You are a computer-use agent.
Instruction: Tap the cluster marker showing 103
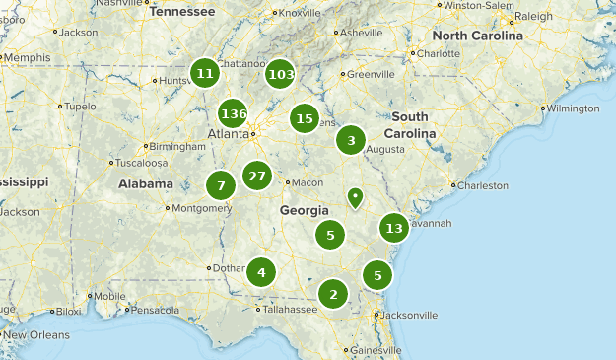click(280, 74)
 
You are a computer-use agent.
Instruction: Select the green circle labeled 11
click(205, 73)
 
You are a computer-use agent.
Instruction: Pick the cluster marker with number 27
click(257, 177)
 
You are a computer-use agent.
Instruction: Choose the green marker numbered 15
click(305, 119)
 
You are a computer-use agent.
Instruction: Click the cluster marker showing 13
click(394, 228)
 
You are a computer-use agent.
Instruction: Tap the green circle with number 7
click(221, 185)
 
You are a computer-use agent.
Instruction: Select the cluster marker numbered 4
click(261, 272)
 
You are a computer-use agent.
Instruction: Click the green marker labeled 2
click(333, 293)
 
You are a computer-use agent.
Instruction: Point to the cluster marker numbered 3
click(351, 140)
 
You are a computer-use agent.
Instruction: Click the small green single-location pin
click(355, 197)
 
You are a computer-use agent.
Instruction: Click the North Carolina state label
click(477, 36)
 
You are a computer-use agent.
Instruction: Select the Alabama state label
click(146, 183)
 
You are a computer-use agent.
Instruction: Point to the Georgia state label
click(304, 210)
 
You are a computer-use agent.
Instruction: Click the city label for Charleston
click(483, 185)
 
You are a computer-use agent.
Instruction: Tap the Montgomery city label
click(201, 208)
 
